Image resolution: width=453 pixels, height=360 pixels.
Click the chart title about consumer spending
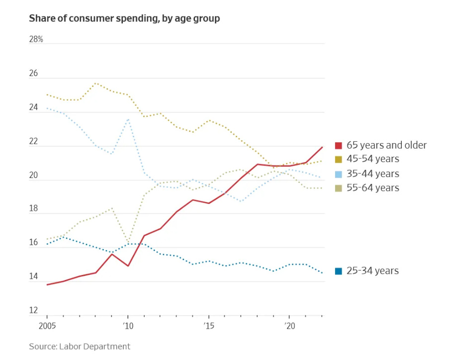(x=124, y=18)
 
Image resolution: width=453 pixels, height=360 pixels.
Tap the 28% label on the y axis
(x=36, y=39)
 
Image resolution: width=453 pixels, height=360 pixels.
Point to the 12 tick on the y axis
(x=33, y=311)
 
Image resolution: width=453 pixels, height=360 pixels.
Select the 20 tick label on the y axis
(x=33, y=175)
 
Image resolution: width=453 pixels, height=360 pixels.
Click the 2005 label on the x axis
(x=47, y=326)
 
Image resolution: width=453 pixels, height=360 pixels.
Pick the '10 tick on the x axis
(x=128, y=326)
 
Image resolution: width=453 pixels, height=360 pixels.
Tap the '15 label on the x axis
(x=208, y=326)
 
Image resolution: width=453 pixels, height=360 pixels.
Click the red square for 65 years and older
(x=338, y=146)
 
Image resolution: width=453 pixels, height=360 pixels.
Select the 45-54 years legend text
(x=373, y=159)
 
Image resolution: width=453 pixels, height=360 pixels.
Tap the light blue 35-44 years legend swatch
(x=338, y=174)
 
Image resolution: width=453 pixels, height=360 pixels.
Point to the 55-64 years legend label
(x=373, y=187)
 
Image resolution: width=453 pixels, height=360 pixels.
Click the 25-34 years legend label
(x=373, y=270)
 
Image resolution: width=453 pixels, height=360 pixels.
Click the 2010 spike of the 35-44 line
(x=128, y=119)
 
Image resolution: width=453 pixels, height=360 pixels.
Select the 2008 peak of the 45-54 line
(x=96, y=83)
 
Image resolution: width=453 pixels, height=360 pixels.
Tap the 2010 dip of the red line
(x=128, y=266)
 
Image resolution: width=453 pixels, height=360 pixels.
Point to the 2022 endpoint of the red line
(x=322, y=147)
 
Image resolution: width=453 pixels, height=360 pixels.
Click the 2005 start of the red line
(x=47, y=285)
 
